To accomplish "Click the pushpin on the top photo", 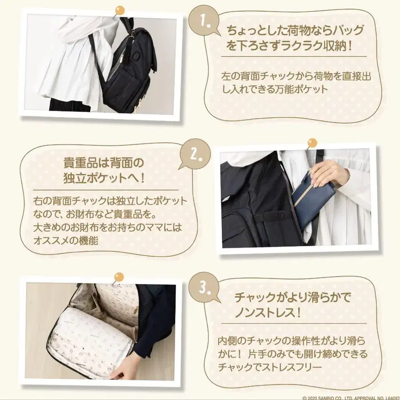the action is pyautogui.click(x=120, y=11).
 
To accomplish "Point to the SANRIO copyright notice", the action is pyautogui.click(x=351, y=397).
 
